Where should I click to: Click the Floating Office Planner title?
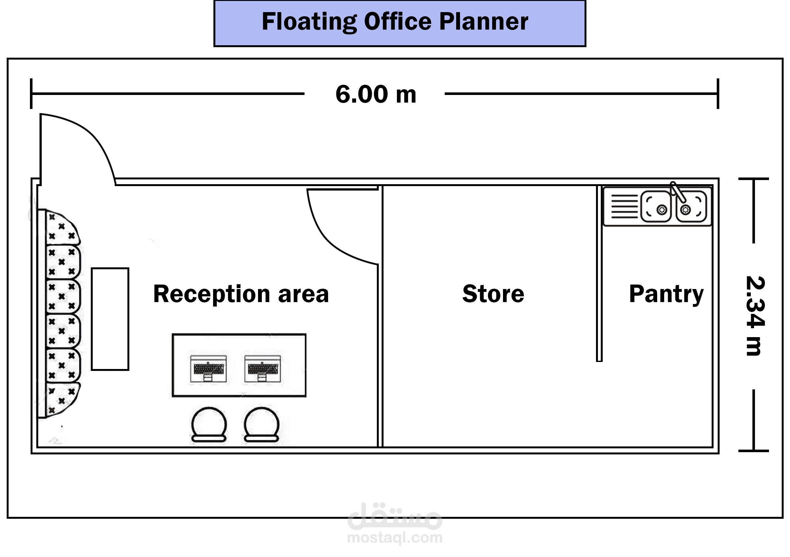(x=395, y=22)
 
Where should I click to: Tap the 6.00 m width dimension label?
(x=376, y=94)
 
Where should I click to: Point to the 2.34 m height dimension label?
(x=755, y=316)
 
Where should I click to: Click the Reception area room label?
(x=241, y=294)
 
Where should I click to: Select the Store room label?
(x=493, y=294)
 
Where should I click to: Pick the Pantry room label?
(x=666, y=294)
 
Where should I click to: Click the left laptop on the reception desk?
(x=209, y=369)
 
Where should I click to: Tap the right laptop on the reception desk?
(x=262, y=369)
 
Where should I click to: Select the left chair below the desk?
(x=209, y=424)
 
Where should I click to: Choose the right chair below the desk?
(x=262, y=424)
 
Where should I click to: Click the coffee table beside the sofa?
(x=110, y=319)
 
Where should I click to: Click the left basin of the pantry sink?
(x=656, y=206)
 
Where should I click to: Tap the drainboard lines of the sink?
(x=624, y=206)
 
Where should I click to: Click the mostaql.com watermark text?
(x=395, y=537)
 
